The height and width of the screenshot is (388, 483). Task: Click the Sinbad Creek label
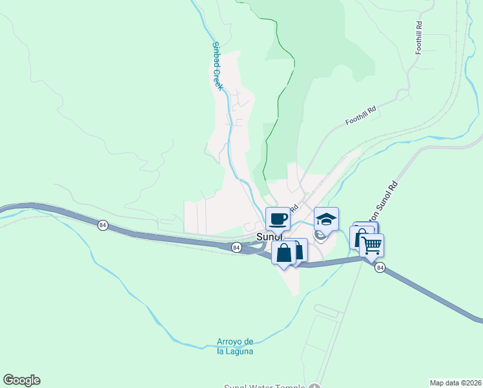(x=218, y=67)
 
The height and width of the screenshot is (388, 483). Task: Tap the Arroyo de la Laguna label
(x=235, y=347)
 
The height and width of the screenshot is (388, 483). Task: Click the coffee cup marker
(x=278, y=219)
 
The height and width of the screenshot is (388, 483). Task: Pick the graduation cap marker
(x=326, y=219)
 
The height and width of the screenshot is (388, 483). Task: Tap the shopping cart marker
(x=372, y=245)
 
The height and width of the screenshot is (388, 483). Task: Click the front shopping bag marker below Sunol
(x=284, y=252)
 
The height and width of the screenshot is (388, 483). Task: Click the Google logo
(x=21, y=380)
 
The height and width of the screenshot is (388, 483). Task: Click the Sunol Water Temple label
(x=264, y=386)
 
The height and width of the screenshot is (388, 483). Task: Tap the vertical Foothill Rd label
(x=419, y=38)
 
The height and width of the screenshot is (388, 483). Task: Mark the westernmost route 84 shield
(x=103, y=224)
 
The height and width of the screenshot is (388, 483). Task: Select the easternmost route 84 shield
(x=380, y=267)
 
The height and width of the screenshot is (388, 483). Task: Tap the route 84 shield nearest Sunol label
(x=236, y=247)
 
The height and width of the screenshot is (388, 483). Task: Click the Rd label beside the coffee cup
(x=294, y=209)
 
